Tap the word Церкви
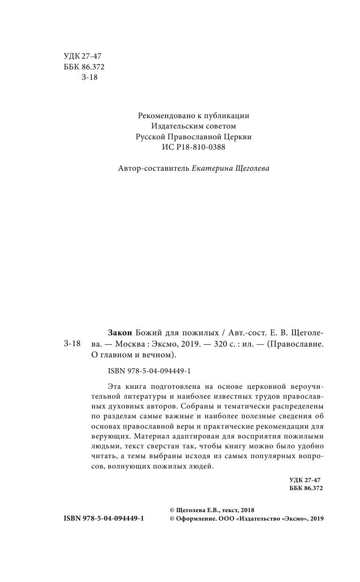coord(236,137)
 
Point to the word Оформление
coord(196,518)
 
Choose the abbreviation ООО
coord(227,518)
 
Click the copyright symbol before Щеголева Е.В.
coord(172,510)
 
